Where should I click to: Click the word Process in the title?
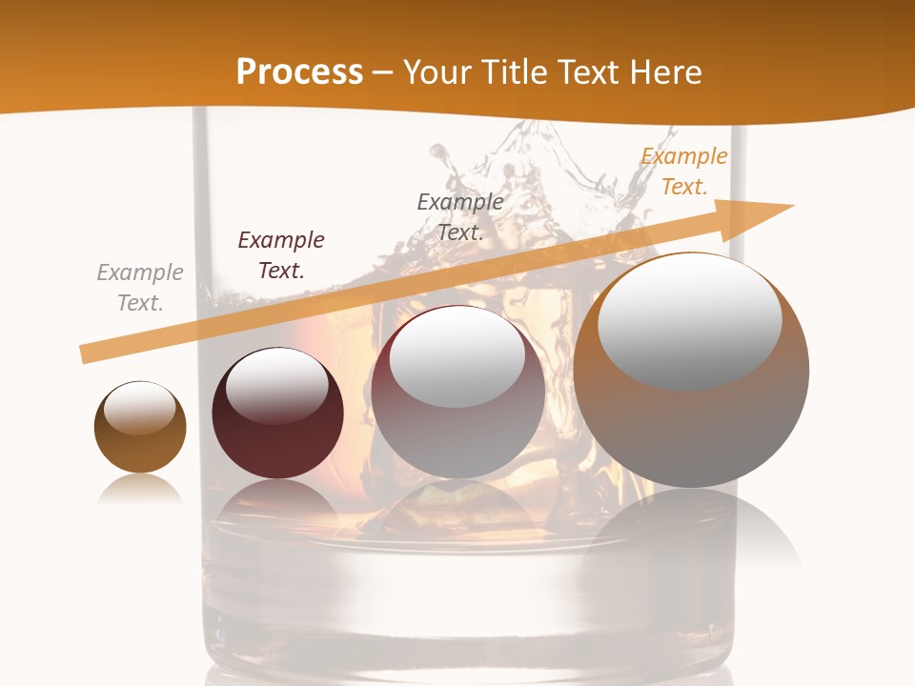pos(299,72)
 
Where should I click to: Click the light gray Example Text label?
pos(140,287)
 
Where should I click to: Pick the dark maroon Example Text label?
pos(281,254)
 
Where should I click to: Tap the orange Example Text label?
pos(684,171)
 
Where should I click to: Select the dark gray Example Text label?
pos(460,216)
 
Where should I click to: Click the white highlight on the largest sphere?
pos(689,319)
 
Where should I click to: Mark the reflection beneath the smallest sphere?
pos(139,490)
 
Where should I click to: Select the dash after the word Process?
pos(383,73)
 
